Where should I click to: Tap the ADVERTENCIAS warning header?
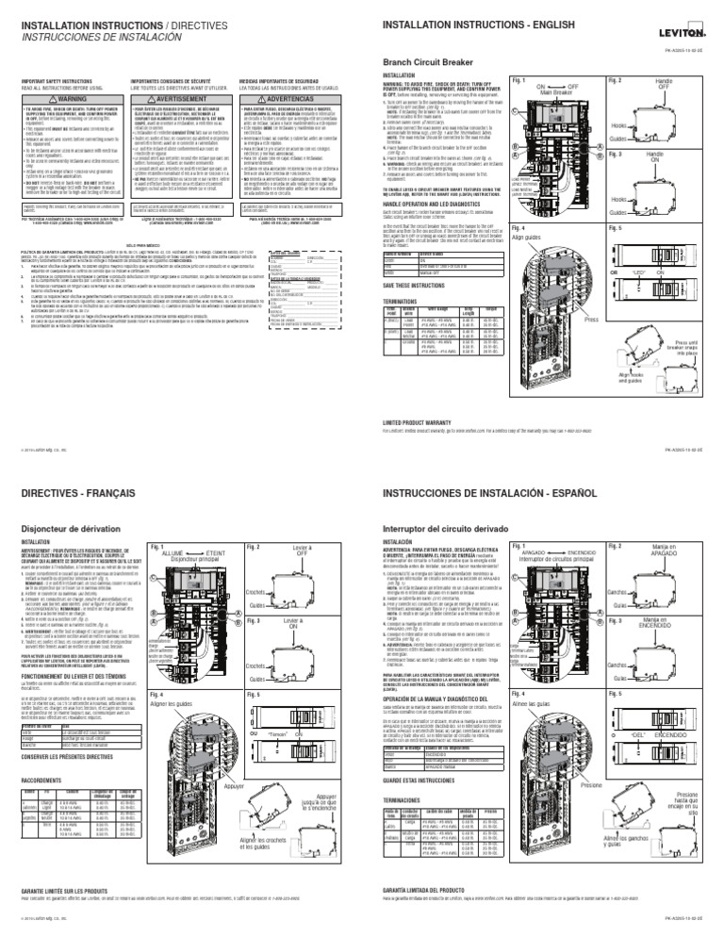pos(304,98)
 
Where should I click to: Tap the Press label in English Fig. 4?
pos(591,320)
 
